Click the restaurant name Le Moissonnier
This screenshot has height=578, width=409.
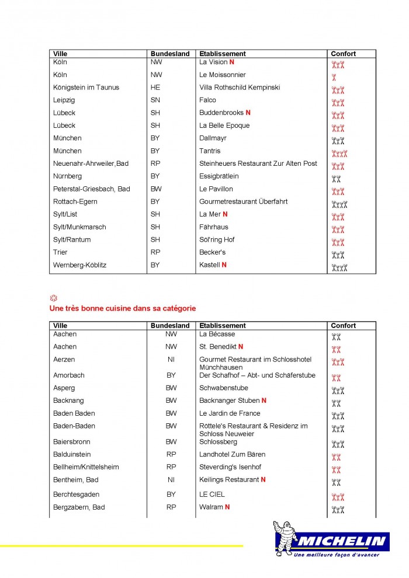tap(222, 75)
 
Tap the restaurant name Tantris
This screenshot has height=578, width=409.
tap(210, 151)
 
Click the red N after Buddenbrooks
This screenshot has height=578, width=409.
tap(248, 113)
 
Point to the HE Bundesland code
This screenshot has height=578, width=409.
tap(155, 88)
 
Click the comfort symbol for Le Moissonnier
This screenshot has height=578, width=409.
tap(334, 77)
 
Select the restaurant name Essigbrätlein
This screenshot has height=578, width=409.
tap(219, 176)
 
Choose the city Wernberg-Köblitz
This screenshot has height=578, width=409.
tap(79, 265)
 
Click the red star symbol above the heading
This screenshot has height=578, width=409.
tap(54, 298)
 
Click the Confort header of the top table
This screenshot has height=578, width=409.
tap(343, 54)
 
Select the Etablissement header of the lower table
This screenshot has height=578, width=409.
tap(222, 326)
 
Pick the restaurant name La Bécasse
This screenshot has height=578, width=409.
tap(217, 335)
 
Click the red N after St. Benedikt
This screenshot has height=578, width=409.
tap(241, 347)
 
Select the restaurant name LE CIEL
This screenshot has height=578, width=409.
tap(212, 495)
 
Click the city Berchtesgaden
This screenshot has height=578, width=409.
tap(76, 495)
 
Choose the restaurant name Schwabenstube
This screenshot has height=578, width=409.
tap(223, 388)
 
